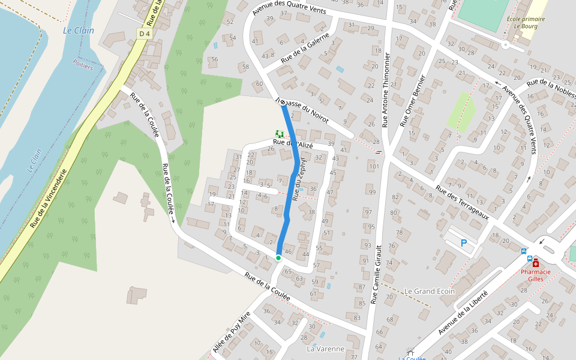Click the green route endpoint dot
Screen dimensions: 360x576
click(278, 257)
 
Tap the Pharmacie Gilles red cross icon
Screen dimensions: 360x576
click(535, 263)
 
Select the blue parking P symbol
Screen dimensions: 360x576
click(463, 243)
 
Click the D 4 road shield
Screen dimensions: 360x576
click(143, 34)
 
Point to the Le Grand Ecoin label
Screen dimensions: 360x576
click(429, 291)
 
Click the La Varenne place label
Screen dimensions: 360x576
click(325, 349)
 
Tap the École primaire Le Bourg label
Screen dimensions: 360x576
click(526, 23)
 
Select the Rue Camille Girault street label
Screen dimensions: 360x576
click(379, 274)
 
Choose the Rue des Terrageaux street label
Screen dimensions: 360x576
click(462, 201)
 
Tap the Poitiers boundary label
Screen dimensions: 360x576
click(83, 65)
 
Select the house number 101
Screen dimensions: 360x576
click(374, 166)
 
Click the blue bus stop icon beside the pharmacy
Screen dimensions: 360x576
click(524, 251)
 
